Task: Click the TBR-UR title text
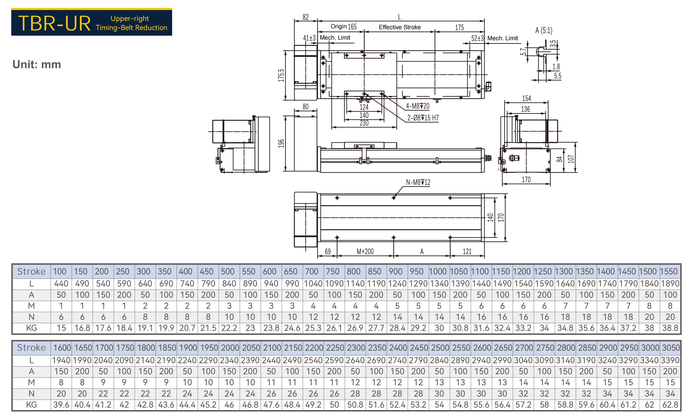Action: [x=54, y=23]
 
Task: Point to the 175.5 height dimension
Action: [x=281, y=75]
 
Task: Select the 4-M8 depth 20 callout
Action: [x=417, y=106]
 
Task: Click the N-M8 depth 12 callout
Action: [x=418, y=182]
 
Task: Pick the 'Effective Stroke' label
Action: [x=400, y=27]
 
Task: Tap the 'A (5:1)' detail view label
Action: [x=544, y=30]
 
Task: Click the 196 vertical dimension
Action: [x=281, y=143]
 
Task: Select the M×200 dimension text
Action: [x=365, y=251]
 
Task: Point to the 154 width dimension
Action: [x=527, y=98]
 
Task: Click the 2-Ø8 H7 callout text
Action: [x=423, y=118]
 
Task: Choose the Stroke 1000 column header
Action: [x=438, y=271]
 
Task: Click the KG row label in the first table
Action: [x=32, y=328]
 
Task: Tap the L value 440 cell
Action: [x=61, y=284]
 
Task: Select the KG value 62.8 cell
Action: [x=670, y=405]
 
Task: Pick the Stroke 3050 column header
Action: [x=671, y=348]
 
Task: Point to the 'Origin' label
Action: [x=338, y=26]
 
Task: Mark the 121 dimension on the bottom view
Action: [x=467, y=251]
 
